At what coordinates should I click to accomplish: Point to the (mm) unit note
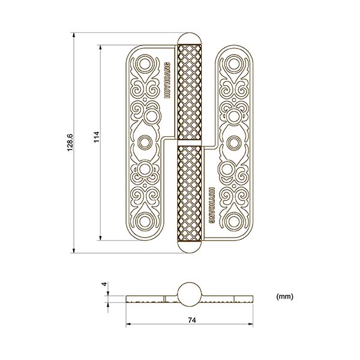(x=284, y=296)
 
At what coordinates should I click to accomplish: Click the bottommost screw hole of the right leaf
(x=233, y=223)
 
